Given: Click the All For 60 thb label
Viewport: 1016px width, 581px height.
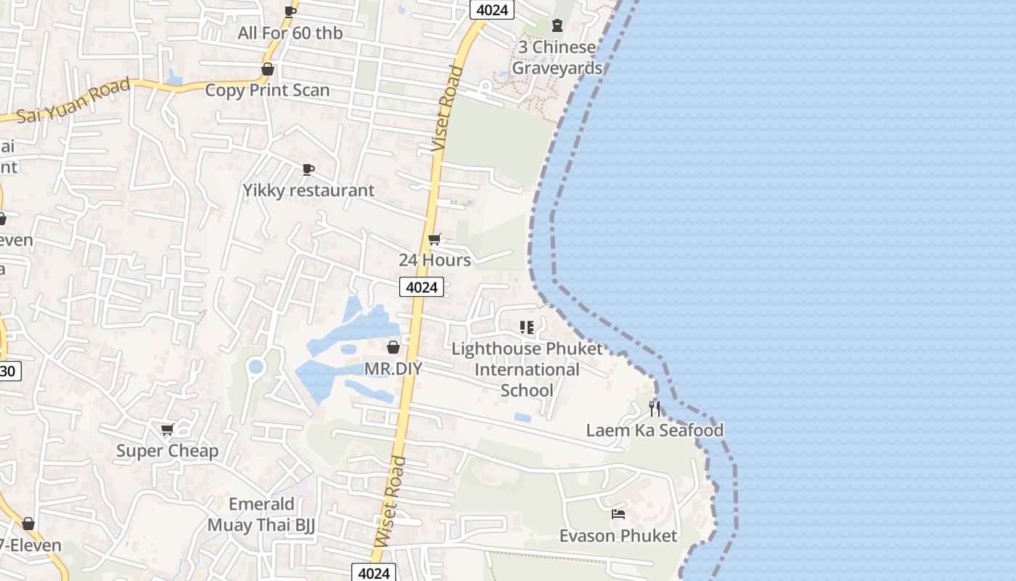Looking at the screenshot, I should (x=290, y=33).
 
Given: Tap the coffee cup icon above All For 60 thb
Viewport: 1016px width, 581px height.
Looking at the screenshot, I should (x=290, y=12).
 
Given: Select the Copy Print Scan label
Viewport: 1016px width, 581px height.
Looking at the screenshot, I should (x=267, y=90).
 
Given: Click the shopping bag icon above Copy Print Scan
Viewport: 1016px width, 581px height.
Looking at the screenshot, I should (x=268, y=69).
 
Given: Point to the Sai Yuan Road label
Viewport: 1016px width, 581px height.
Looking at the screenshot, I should (x=73, y=102).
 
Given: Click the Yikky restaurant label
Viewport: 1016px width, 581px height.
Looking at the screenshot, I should (x=308, y=190).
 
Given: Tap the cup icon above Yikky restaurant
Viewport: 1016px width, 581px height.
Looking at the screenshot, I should (x=308, y=170).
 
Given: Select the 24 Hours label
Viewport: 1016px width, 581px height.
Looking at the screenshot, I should (x=435, y=260).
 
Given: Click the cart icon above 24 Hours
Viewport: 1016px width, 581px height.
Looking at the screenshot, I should (x=435, y=239).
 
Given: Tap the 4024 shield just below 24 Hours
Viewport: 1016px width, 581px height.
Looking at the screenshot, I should (x=422, y=287).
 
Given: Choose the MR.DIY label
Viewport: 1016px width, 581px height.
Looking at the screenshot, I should (x=393, y=369).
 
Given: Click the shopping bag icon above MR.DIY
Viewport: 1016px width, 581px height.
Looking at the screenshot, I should (x=393, y=347).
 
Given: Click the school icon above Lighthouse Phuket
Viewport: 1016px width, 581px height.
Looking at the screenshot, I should (x=527, y=328).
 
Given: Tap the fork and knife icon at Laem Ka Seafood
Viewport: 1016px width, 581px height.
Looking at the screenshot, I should (x=655, y=409).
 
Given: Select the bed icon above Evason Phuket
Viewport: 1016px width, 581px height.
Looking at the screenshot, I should (x=618, y=514).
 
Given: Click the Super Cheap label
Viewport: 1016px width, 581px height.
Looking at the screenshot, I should (x=167, y=451).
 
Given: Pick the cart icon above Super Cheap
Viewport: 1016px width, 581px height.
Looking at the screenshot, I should (x=167, y=430).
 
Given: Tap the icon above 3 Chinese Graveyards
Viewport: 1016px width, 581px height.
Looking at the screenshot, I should (x=557, y=26).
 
